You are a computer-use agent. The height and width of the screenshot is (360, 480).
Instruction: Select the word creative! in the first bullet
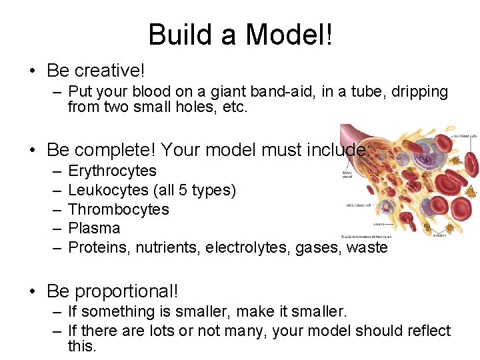(x=110, y=70)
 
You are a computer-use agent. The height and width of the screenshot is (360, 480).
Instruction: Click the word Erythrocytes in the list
(x=112, y=171)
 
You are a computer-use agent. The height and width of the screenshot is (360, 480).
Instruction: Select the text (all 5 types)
(x=195, y=191)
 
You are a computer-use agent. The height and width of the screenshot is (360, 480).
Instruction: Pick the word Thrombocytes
(x=119, y=209)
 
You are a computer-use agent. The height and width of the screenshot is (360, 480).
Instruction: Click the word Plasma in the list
(x=94, y=228)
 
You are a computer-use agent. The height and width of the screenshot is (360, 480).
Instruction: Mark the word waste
(x=366, y=247)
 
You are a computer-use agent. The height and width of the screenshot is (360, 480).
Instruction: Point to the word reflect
(x=427, y=331)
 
